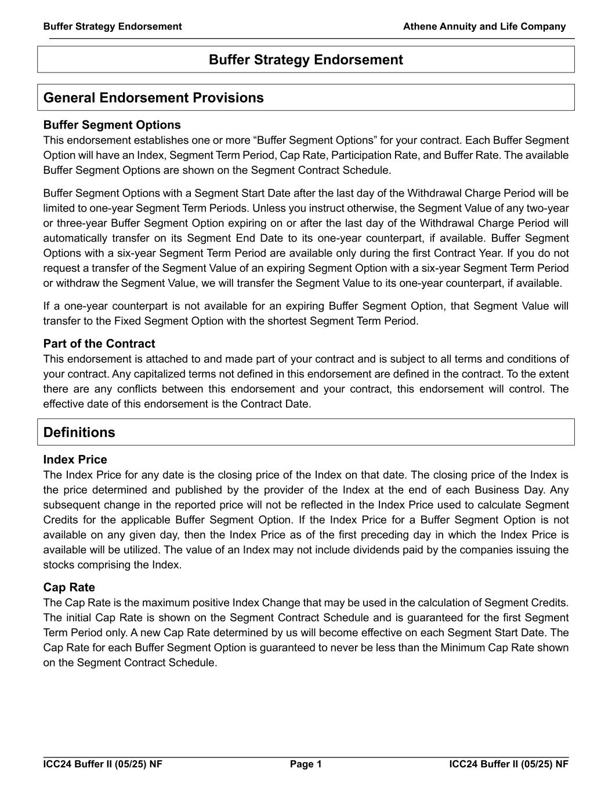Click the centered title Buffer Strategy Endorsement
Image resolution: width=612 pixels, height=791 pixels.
pos(306,60)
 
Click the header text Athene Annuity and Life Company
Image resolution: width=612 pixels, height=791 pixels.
pos(484,26)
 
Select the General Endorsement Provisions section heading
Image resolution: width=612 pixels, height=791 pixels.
pos(153,97)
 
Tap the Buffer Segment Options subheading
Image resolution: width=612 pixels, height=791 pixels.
pos(112,125)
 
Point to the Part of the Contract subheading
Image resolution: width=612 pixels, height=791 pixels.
pos(99,344)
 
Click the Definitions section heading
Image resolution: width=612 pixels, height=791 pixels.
pos(79,432)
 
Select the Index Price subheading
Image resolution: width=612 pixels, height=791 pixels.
pos(75,460)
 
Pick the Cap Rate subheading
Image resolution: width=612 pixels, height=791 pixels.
pos(69,587)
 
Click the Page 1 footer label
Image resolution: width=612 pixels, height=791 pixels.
pos(306,764)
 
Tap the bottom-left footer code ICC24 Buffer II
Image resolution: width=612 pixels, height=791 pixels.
pos(103,764)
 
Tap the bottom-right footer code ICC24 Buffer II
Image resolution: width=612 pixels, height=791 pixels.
pos(509,764)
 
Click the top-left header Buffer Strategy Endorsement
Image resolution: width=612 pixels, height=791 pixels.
pos(112,26)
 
